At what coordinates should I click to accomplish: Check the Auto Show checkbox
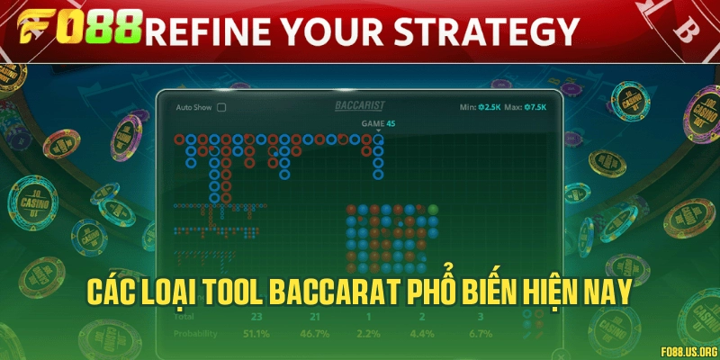(221, 106)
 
